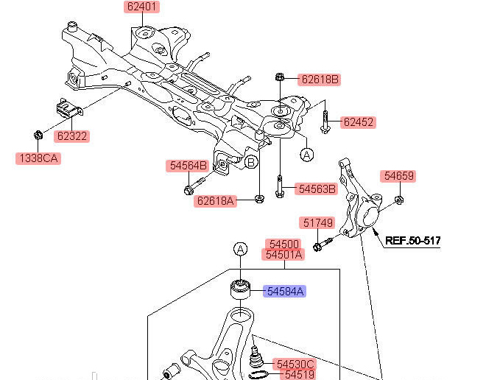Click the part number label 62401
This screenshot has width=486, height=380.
[x=141, y=7]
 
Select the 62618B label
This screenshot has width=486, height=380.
[x=320, y=80]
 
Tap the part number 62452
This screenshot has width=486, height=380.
[x=359, y=122]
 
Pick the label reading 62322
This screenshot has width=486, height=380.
[x=72, y=136]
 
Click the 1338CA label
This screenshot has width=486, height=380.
[x=38, y=158]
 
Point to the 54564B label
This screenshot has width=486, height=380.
[x=188, y=166]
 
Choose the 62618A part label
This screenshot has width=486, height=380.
[x=216, y=201]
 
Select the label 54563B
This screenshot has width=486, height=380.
[x=317, y=189]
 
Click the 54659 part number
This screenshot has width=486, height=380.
[x=398, y=176]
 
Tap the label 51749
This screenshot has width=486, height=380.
[x=317, y=223]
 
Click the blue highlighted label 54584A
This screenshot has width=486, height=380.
[x=284, y=292]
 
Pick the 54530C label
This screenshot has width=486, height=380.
[x=295, y=365]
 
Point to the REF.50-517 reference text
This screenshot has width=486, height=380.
[x=412, y=241]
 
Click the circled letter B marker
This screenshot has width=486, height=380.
[x=251, y=162]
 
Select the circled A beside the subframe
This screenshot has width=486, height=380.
[x=307, y=155]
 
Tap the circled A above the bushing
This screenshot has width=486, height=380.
[x=241, y=249]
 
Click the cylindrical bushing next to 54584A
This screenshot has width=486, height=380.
[x=241, y=289]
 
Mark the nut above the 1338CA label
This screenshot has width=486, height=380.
[x=38, y=136]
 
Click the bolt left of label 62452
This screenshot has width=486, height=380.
[x=325, y=122]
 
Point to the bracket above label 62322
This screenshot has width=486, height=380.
[x=69, y=109]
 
